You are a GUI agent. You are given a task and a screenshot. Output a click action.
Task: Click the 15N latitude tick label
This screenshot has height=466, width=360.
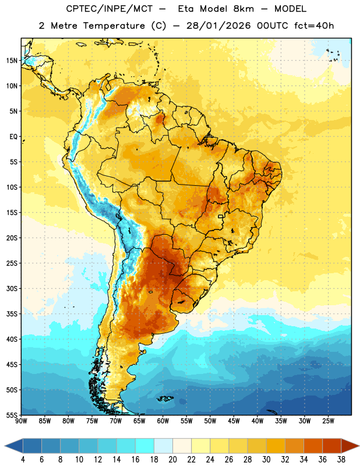(12, 61)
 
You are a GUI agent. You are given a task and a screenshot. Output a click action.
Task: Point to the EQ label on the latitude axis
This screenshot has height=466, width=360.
(13, 137)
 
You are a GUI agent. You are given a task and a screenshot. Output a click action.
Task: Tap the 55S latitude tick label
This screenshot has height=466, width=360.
(12, 415)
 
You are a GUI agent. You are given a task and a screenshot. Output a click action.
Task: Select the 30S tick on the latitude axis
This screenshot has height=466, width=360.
(12, 288)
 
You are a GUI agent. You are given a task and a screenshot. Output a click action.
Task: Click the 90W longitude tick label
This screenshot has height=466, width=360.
(21, 421)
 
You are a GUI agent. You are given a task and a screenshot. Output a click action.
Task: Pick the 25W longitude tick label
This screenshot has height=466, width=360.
(328, 421)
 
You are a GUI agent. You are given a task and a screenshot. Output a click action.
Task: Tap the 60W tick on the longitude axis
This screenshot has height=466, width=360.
(163, 421)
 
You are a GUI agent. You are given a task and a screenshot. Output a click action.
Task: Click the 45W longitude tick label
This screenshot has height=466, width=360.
(234, 421)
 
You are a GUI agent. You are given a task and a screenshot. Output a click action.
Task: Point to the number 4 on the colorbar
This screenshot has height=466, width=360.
(23, 460)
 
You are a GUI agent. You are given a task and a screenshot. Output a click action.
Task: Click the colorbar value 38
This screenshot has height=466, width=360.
(341, 460)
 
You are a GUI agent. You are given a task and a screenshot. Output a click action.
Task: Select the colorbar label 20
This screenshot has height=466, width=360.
(172, 460)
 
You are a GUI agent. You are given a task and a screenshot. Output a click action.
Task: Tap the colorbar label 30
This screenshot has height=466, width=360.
(266, 460)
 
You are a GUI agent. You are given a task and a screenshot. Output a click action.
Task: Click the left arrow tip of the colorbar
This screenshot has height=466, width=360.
(5, 446)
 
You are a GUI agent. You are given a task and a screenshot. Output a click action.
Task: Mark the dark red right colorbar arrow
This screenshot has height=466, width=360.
(350, 446)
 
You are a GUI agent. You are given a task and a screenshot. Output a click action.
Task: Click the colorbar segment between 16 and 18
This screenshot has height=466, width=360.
(145, 446)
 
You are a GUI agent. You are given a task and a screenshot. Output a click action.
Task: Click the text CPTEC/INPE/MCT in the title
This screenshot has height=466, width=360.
(110, 9)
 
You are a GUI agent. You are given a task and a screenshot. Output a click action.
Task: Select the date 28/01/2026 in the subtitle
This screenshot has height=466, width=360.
(218, 26)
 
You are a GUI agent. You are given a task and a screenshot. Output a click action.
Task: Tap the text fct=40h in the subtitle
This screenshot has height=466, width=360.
(314, 26)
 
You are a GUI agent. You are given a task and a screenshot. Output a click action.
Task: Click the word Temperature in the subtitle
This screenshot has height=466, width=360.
(114, 26)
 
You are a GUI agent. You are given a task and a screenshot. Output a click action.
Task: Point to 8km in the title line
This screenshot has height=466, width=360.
(243, 9)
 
